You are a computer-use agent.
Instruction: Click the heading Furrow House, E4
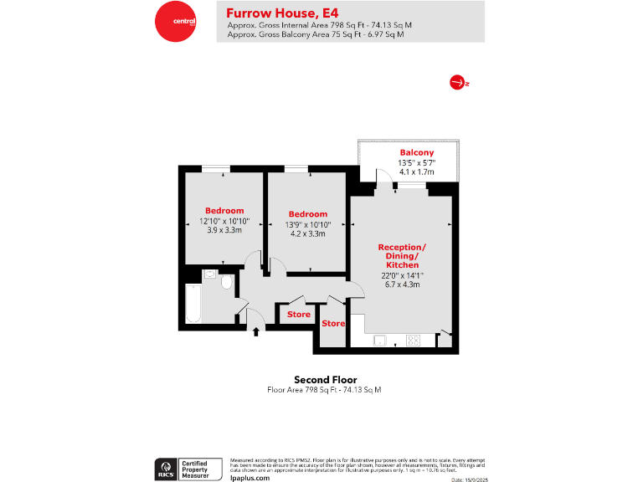271,13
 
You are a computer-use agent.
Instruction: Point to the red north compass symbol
457,82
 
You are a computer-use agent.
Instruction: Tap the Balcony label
416,151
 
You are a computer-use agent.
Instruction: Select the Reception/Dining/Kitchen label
402,255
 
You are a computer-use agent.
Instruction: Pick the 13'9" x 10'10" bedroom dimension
307,224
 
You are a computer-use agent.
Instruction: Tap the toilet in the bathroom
226,282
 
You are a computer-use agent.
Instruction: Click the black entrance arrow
256,332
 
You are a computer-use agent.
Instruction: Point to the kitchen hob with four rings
413,340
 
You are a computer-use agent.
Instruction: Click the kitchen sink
380,340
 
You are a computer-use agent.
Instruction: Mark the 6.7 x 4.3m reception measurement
402,285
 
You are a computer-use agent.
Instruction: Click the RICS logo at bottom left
165,468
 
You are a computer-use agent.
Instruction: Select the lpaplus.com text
249,477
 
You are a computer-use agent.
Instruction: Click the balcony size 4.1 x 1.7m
416,172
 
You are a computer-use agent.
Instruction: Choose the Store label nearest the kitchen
333,323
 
